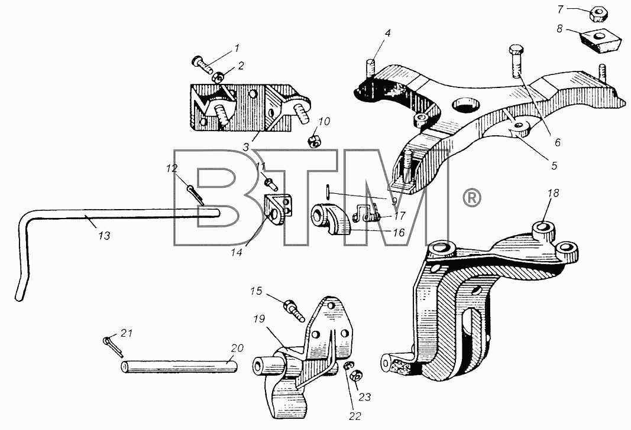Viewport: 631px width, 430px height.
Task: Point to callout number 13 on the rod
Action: (104, 236)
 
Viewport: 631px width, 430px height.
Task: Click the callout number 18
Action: (554, 193)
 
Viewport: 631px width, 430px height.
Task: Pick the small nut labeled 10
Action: (314, 141)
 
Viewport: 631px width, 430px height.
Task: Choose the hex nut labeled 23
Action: (355, 377)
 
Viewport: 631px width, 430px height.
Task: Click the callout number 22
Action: (355, 416)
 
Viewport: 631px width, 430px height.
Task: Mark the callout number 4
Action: (387, 33)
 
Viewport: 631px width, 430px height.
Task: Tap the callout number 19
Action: (259, 319)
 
